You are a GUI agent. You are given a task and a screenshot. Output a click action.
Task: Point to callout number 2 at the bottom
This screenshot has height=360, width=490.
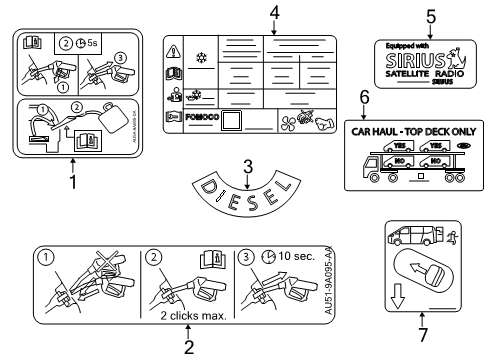[187, 347]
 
